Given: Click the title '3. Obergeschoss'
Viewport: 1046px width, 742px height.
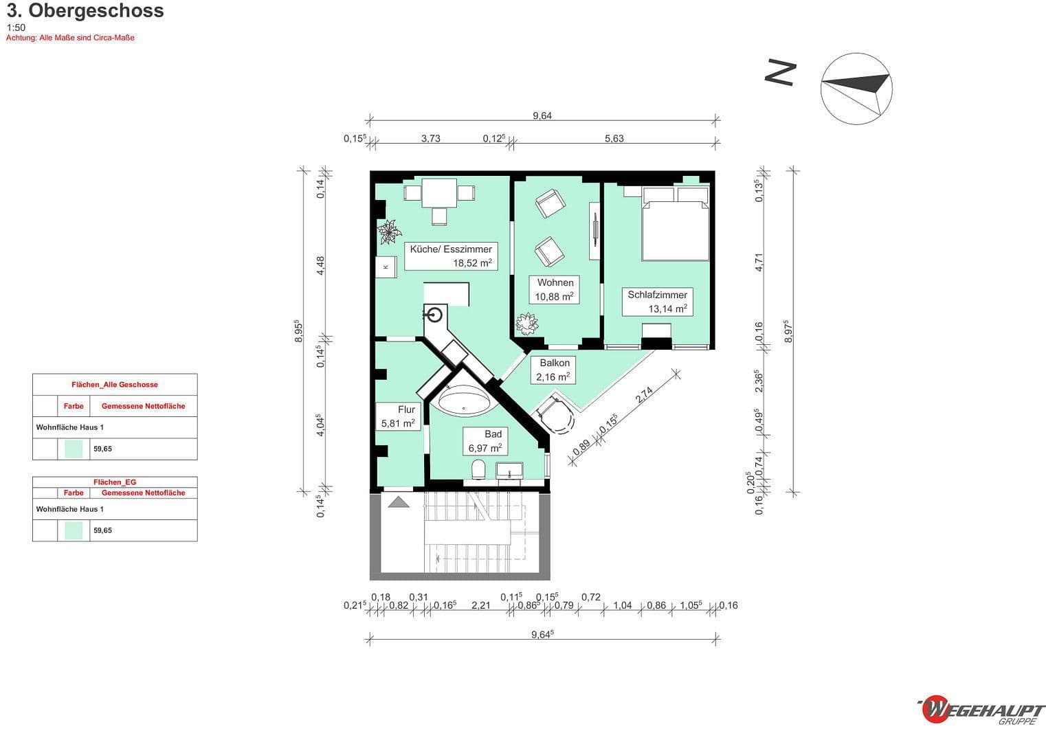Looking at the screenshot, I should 85,11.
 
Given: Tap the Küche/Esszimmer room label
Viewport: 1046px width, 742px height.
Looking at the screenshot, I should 451,256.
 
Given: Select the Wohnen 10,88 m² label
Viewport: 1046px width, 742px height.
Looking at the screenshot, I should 555,289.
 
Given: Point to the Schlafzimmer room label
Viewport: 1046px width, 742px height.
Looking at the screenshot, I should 657,302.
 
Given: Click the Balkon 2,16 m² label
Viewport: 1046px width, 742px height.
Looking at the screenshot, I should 554,370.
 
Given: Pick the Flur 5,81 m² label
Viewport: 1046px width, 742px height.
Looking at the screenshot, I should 399,416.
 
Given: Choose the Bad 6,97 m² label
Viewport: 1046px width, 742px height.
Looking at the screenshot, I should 486,441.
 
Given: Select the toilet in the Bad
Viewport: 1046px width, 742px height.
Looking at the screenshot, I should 479,470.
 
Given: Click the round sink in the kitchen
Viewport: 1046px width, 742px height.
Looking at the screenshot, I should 434,315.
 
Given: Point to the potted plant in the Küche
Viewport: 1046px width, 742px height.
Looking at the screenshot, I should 390,231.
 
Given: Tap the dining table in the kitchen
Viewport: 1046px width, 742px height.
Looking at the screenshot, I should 439,192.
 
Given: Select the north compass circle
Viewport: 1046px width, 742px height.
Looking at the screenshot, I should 856,89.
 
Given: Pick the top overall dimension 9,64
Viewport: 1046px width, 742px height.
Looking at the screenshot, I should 542,115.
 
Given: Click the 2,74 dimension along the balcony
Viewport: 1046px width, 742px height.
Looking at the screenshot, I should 644,395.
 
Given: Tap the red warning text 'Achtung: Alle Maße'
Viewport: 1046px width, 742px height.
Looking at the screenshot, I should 70,38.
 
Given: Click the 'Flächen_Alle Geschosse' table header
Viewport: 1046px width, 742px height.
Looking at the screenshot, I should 115,385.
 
